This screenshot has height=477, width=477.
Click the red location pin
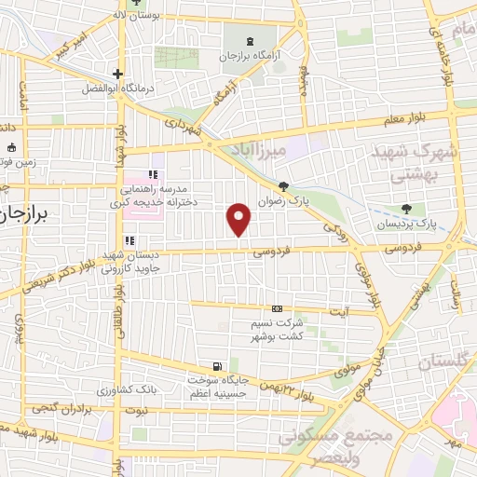[x=240, y=218]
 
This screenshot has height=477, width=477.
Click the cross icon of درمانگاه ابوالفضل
[x=117, y=74]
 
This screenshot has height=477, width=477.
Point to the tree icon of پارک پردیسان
[x=405, y=208]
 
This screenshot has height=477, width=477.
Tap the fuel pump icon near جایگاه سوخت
[x=217, y=366]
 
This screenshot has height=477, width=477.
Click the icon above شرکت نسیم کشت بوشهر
[x=277, y=308]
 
